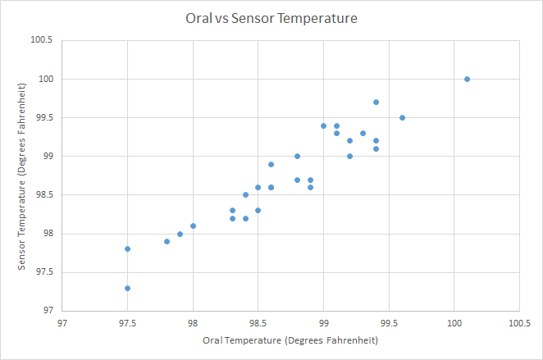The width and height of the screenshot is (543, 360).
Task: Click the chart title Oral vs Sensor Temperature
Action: (271, 16)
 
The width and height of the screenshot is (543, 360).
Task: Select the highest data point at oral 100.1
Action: (467, 79)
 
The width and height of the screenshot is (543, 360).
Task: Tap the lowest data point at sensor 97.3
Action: (127, 288)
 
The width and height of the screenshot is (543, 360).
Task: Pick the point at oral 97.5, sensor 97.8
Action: (127, 248)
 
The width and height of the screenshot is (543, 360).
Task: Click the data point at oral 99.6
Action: (402, 117)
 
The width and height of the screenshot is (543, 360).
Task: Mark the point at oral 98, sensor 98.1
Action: (193, 226)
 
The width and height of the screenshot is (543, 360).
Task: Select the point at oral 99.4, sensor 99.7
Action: (376, 102)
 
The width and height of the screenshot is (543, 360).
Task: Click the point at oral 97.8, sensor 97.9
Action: (167, 241)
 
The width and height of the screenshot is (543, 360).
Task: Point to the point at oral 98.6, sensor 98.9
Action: (271, 164)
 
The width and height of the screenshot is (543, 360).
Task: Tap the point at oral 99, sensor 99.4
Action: (323, 125)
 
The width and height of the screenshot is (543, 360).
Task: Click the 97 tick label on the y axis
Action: (47, 311)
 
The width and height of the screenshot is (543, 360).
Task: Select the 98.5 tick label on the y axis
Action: (43, 195)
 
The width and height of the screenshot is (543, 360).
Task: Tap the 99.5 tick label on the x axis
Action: (389, 322)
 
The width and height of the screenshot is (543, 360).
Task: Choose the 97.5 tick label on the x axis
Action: (127, 322)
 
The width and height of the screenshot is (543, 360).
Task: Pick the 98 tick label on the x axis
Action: (193, 322)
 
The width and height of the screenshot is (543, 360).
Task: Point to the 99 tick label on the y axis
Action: (47, 156)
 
